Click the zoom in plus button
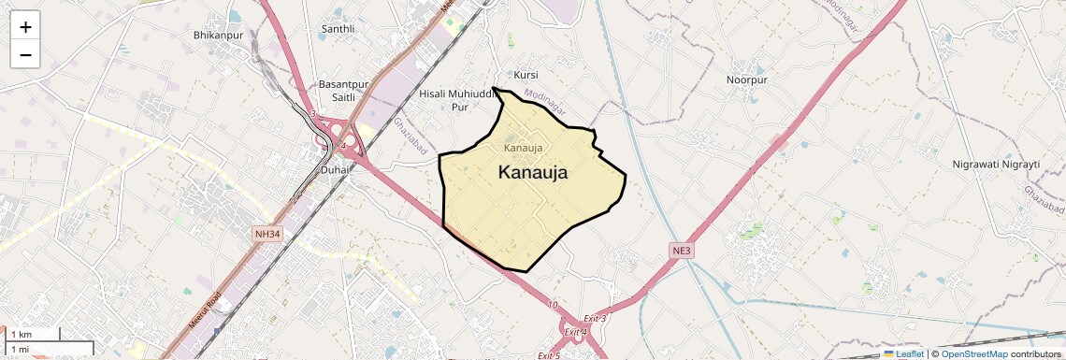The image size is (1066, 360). (25, 27)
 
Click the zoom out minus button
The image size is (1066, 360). (25, 55)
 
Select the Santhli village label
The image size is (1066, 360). (338, 29)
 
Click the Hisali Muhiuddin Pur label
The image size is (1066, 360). (455, 100)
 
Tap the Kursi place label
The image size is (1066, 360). (526, 74)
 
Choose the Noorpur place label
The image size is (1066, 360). (746, 80)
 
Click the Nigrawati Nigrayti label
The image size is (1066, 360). (996, 164)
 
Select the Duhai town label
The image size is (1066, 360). (334, 170)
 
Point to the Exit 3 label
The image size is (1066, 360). (596, 319)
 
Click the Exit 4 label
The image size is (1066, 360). (575, 332)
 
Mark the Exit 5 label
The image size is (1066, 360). (549, 356)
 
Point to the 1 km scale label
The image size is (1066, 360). (21, 335)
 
